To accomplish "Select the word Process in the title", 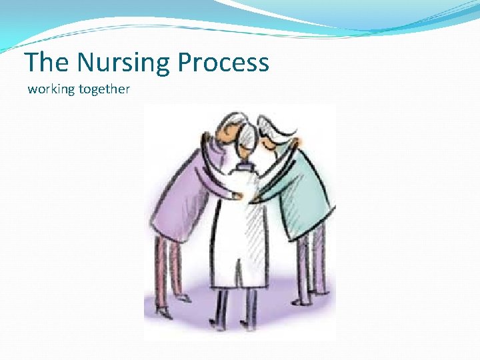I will [x=225, y=63].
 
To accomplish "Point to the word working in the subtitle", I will [x=51, y=89].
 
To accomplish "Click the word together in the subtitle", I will [x=104, y=89].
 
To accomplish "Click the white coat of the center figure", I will [x=243, y=233].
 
